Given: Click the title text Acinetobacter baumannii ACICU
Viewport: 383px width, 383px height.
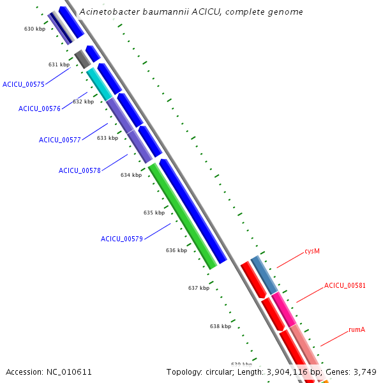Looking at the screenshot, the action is pos(191,11).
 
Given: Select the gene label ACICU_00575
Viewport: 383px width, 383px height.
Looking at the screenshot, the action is pos(24,84).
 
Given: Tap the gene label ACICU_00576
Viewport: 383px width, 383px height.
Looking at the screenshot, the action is pos(40,109).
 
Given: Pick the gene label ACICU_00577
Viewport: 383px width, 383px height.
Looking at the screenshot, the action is pos(60,140).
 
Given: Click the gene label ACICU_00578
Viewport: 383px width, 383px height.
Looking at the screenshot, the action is pos(80,170).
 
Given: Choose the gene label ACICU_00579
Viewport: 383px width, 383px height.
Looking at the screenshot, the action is pos(122,239).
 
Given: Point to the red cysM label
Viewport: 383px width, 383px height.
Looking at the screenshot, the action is pos(312,251).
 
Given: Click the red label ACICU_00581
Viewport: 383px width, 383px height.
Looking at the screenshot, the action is pos(345,285).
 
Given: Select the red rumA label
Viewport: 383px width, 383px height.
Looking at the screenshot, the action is pos(357,329).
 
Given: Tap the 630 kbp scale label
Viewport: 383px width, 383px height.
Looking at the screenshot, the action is pos(34,29).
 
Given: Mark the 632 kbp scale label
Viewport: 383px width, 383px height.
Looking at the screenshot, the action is pos(83,101).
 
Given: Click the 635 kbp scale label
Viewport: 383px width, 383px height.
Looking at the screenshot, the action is pos(154,213).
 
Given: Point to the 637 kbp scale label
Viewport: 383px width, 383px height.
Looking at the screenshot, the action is pos(199,288).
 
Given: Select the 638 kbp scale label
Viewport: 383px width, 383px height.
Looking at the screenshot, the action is pos(220,326).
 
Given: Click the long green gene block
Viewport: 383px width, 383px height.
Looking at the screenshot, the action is pos(183,215).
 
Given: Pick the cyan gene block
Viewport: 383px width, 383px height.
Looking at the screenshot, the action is pos(99,83).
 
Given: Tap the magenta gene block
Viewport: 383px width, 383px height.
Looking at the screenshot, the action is pos(283,309).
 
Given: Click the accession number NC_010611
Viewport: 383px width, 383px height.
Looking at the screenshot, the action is pos(49,372).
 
